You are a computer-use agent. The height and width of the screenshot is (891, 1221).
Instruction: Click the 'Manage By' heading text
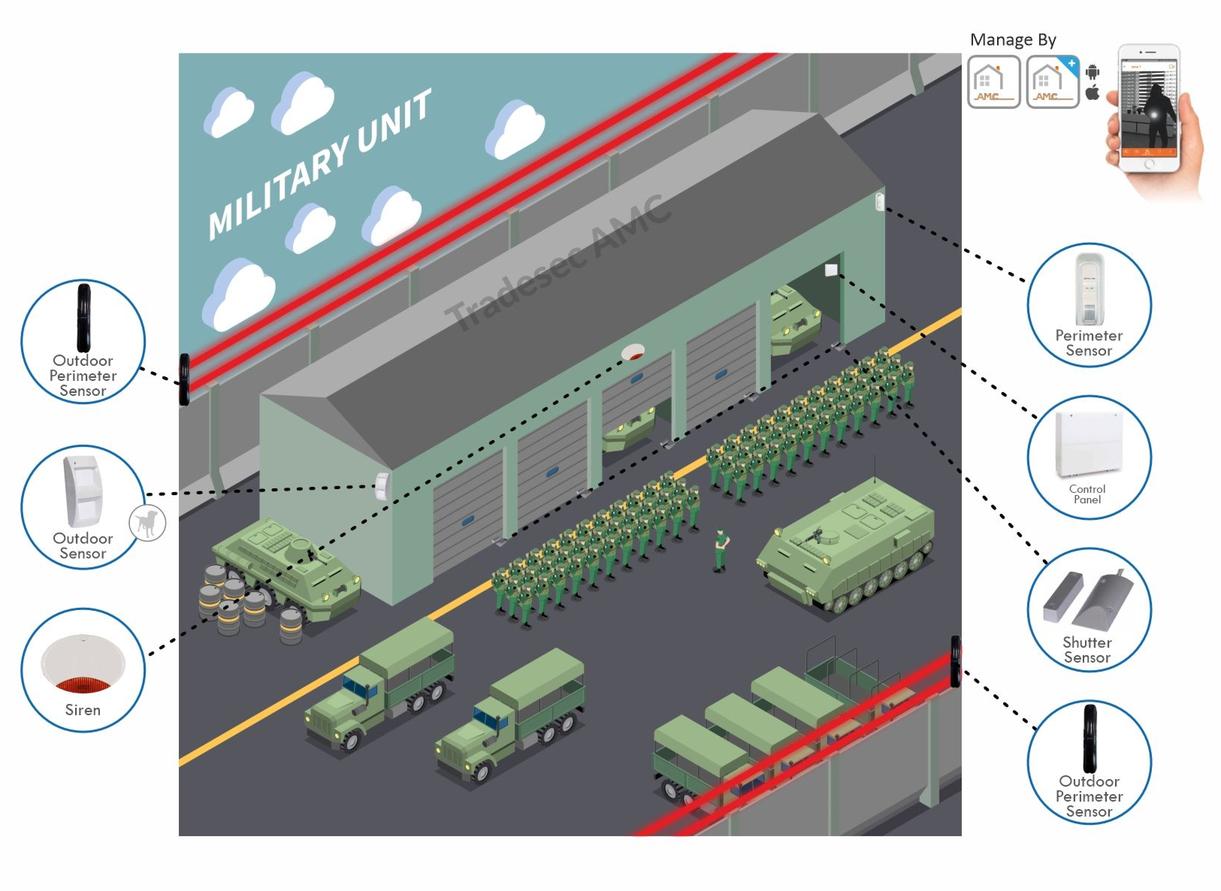(x=1012, y=40)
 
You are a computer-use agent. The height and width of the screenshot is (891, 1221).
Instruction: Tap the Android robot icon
(x=1093, y=72)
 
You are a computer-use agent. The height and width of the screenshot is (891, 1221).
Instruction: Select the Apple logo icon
(x=1093, y=93)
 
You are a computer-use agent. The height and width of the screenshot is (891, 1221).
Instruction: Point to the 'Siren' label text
(x=83, y=710)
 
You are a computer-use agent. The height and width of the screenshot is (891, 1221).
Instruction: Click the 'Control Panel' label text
(x=1087, y=494)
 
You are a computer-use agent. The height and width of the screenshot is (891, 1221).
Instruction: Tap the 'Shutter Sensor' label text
(x=1087, y=650)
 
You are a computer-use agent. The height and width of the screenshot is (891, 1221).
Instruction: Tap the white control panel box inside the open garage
(x=831, y=270)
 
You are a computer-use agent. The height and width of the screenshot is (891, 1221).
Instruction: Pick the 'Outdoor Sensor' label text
(x=83, y=546)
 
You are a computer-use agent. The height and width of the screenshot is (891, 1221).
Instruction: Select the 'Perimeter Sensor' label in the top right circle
(x=1089, y=343)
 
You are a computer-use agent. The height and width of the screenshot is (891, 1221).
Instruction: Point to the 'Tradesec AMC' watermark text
(x=558, y=264)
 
